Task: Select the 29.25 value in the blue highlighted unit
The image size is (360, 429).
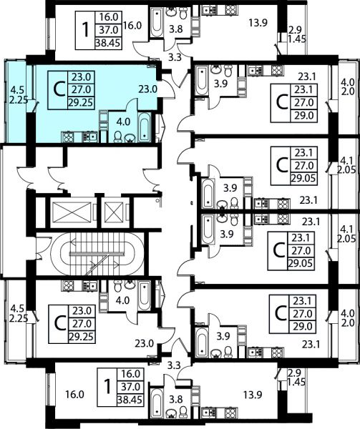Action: coord(81,103)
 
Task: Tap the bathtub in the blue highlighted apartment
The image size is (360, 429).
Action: coord(145,127)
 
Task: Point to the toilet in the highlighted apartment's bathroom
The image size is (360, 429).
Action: coord(117,137)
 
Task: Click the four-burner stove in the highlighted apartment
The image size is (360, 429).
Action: coord(67,137)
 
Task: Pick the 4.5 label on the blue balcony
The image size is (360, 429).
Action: coord(17,89)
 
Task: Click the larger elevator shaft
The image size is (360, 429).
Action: coord(72,212)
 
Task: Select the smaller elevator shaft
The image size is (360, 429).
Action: coord(115,212)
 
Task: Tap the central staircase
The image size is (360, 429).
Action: coord(97,255)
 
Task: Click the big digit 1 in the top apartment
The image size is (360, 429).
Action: coord(86,30)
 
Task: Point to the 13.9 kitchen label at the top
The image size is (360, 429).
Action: coord(258,23)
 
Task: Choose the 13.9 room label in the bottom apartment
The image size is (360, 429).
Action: coord(253,395)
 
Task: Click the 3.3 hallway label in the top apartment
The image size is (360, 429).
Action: coord(175,58)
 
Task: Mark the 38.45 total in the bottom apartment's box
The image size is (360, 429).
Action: coord(130,400)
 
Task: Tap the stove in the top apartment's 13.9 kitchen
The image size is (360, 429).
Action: coord(230,10)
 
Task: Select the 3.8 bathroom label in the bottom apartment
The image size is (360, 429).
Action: coord(176,400)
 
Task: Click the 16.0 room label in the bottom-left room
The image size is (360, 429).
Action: coord(74,395)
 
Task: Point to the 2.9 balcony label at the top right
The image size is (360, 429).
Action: coord(295,29)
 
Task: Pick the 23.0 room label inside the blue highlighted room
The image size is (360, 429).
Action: coord(147,89)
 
